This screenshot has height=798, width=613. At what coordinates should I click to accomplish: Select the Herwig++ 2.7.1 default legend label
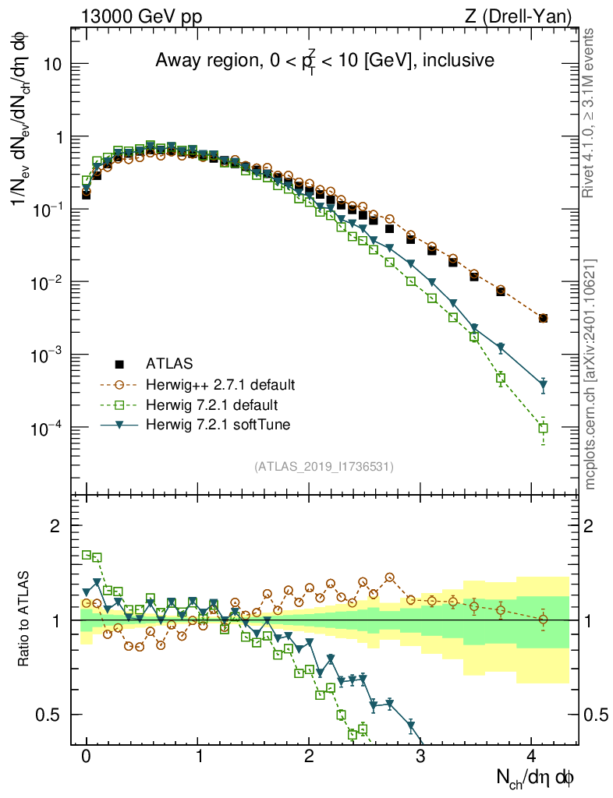pos(221,384)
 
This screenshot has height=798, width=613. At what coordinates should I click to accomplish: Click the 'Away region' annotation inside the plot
pos(324,60)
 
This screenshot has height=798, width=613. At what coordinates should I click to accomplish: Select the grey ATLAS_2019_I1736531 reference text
pos(324,467)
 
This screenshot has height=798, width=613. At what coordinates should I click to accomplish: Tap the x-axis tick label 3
pos(420,756)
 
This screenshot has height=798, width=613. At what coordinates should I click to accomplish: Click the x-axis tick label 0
pos(86,756)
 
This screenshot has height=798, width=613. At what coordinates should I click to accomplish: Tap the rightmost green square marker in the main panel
pos(543,428)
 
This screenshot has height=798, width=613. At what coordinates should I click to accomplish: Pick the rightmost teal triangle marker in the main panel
pos(543,385)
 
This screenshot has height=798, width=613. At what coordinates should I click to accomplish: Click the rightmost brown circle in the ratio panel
pos(543,620)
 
